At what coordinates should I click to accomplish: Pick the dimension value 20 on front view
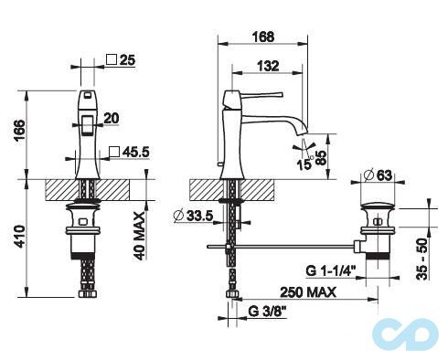112,117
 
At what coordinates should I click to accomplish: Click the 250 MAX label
305,292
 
